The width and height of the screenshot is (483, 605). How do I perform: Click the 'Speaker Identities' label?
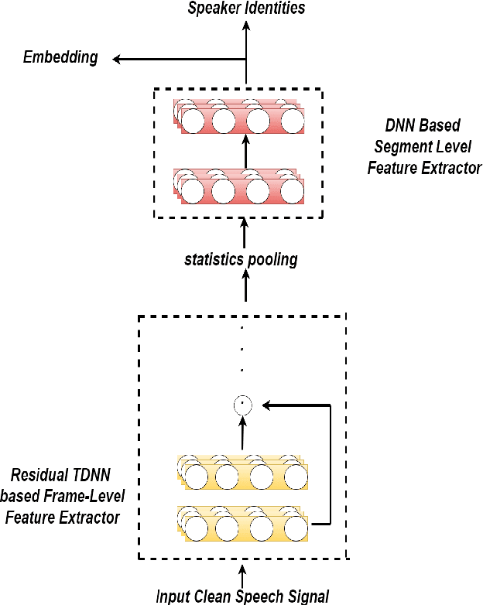tap(247, 9)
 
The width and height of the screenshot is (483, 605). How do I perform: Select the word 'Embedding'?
tap(60, 57)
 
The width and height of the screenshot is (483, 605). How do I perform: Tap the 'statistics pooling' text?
tap(241, 259)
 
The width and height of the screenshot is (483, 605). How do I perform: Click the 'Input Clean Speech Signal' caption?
tap(242, 596)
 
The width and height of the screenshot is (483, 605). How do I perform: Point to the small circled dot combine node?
tap(243, 404)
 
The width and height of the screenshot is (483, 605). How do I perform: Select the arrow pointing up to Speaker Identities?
tap(246, 31)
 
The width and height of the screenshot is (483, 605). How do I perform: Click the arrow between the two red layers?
tap(246, 151)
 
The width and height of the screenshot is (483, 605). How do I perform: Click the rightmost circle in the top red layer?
tap(292, 121)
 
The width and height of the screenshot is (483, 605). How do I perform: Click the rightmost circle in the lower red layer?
tap(292, 190)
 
